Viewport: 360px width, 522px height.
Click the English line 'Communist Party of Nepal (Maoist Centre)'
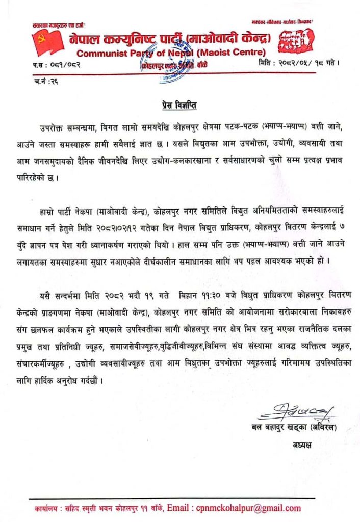(171, 53)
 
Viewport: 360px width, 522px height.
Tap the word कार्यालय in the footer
(47, 508)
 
